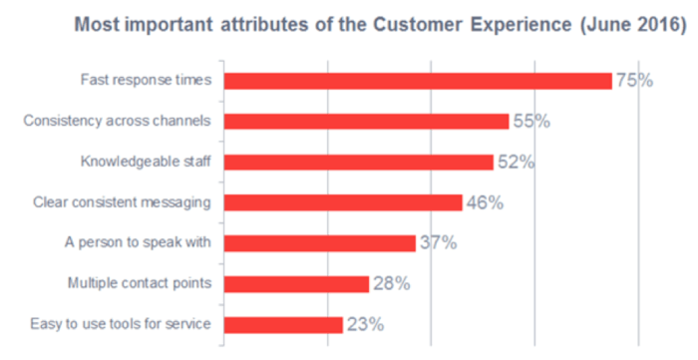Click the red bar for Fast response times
417,81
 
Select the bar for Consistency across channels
366,122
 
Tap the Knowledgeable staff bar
358,162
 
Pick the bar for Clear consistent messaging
342,202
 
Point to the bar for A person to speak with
319,242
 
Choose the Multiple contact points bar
296,283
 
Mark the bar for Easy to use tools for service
283,324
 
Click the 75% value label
634,81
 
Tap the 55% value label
531,122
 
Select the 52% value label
516,162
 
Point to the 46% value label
485,202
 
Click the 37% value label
438,242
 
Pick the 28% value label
391,283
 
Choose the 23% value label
365,324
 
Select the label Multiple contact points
139,283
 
